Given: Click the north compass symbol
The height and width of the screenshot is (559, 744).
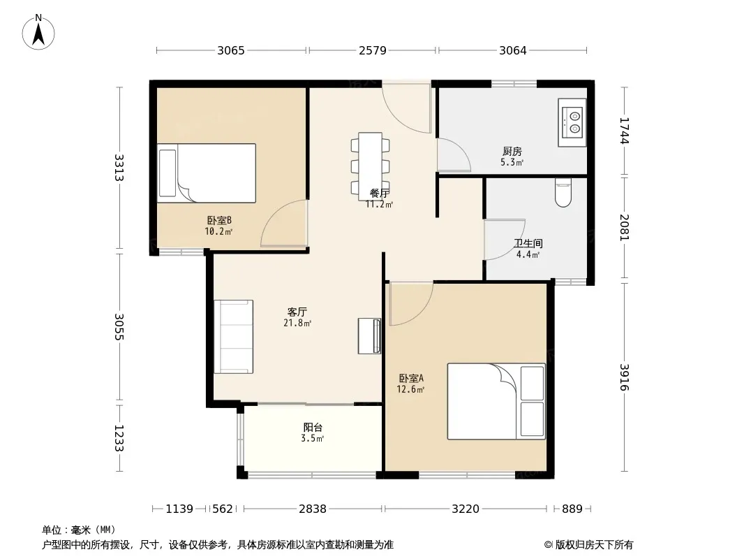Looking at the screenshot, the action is coord(38,32).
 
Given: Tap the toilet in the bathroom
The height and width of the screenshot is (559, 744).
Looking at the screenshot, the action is coord(563,193).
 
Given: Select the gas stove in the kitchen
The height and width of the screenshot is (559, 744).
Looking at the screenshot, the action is coord(572,122).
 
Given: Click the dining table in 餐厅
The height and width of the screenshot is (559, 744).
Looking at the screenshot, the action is coord(370,164).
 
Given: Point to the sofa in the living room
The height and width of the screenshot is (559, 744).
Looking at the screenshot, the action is coord(233,337).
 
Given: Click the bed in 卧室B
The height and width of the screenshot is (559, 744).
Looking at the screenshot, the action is coord(207,173).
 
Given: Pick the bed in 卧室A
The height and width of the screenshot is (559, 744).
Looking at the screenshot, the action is coord(496,401).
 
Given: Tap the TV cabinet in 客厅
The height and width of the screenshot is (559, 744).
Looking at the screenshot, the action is coord(369,336).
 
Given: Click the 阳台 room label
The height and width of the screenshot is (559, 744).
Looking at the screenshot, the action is coord(313,428).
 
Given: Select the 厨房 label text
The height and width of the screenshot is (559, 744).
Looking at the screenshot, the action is coord(512,152).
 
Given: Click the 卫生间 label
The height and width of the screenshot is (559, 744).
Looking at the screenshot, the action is coord(528,244).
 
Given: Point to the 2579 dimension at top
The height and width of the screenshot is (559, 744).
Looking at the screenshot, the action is coord(373,50).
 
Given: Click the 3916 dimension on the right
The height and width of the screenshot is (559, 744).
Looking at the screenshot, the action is coord(624,377).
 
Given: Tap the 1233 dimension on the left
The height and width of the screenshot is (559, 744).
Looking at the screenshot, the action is coord(119,438).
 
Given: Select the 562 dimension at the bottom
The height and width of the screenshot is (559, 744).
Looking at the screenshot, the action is coord(223,509).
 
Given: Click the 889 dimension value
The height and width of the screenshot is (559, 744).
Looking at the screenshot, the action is coord(572,509).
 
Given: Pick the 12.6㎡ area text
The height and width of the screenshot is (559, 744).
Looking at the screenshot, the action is coord(410,389).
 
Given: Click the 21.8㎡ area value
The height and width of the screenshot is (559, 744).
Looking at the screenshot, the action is coord(297,323).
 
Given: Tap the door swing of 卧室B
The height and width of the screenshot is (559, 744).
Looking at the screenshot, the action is coord(284,223).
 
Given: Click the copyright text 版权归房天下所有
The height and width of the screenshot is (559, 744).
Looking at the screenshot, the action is coord(594,545).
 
